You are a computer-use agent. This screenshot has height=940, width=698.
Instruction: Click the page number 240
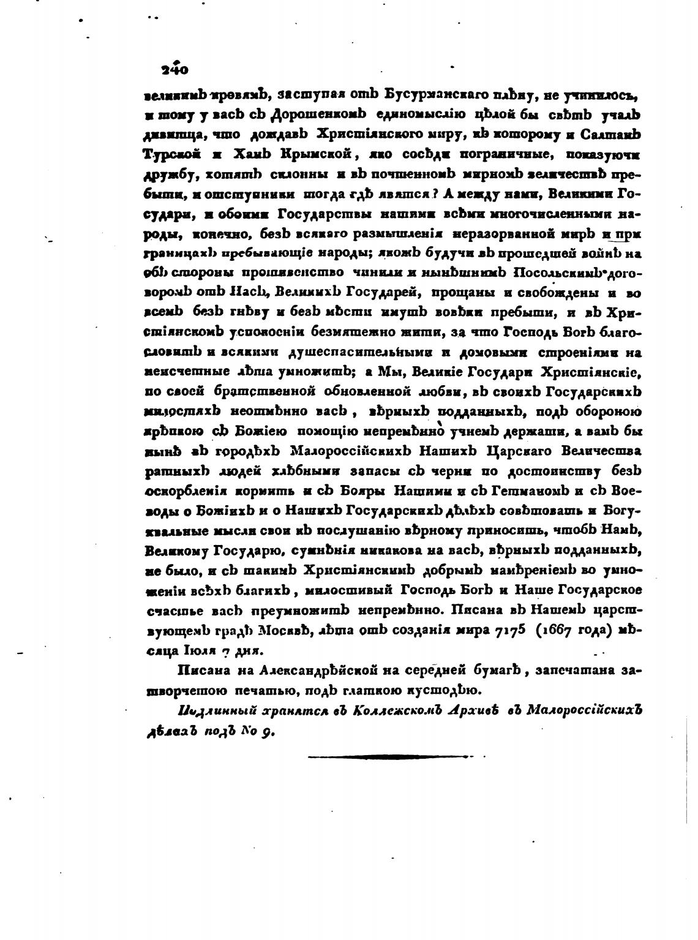(174, 69)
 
